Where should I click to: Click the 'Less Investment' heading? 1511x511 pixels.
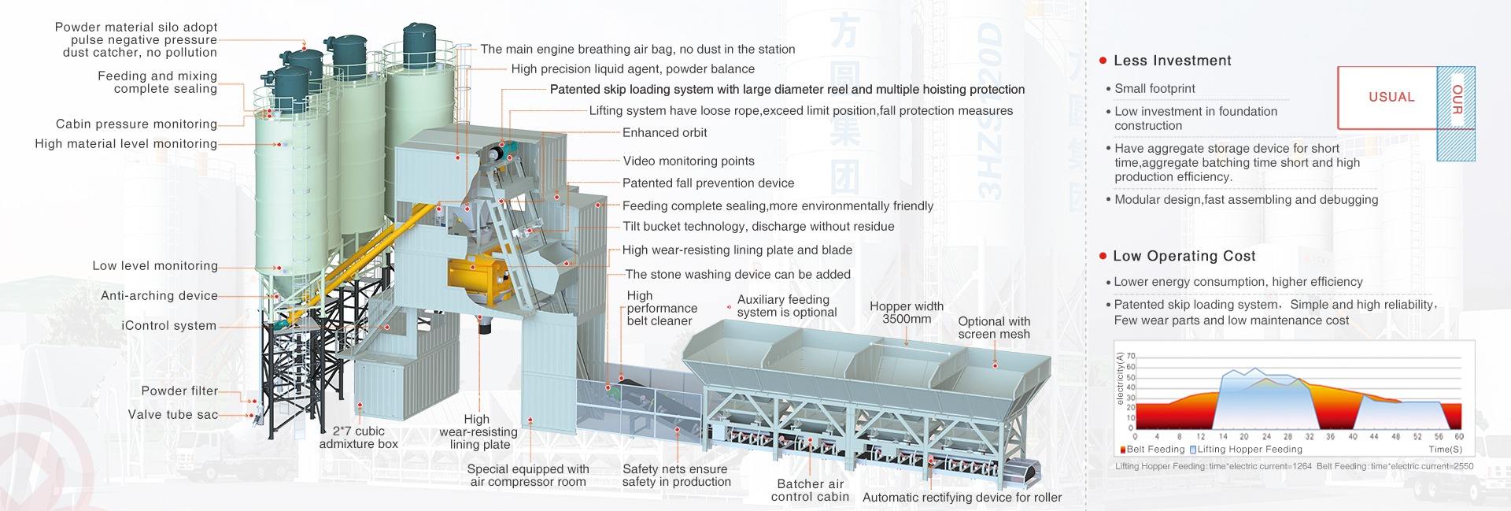(x=1172, y=61)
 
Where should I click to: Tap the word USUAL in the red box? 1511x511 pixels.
(x=1391, y=97)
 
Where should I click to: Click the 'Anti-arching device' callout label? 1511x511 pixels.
(x=159, y=295)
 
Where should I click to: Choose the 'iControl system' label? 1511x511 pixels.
(x=168, y=325)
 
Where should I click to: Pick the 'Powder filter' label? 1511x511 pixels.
(x=179, y=391)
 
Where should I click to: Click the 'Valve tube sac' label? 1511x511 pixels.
(x=173, y=414)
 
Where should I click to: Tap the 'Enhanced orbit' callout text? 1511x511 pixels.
(x=664, y=132)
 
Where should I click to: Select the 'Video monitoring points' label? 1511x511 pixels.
(x=688, y=161)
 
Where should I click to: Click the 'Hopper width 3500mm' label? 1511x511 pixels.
(x=906, y=313)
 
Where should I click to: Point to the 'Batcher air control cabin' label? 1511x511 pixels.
(x=810, y=490)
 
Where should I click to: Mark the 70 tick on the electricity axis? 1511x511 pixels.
(x=1132, y=357)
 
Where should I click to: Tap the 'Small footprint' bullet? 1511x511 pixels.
(x=1154, y=89)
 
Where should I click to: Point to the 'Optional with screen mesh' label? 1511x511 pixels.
(x=993, y=328)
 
